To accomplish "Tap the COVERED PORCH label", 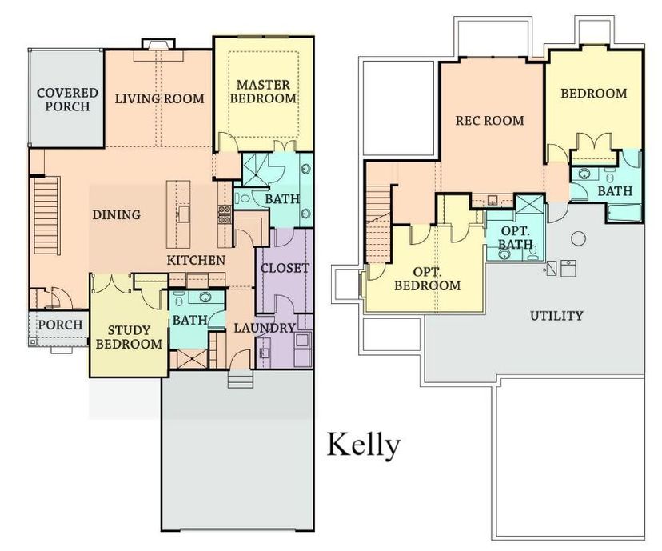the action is [67, 99].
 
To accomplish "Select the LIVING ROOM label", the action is [160, 99].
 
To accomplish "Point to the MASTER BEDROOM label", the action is [264, 91].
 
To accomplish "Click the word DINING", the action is [117, 214].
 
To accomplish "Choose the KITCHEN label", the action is [196, 260].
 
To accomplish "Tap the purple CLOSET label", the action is [285, 268].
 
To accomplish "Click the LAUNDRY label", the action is [265, 328].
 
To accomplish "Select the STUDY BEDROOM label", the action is [129, 337].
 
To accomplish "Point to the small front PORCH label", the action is [61, 325].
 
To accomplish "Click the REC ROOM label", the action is [490, 120].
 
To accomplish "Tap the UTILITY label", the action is [556, 315].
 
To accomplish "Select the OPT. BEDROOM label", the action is [427, 278].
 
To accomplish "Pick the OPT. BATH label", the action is [516, 238].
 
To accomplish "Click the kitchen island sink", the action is [183, 214].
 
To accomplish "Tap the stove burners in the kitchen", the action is [224, 214].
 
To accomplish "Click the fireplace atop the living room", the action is [158, 44].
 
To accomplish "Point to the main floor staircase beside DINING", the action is [46, 215].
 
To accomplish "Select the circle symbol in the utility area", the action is [578, 238].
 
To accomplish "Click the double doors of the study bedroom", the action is [111, 283].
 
